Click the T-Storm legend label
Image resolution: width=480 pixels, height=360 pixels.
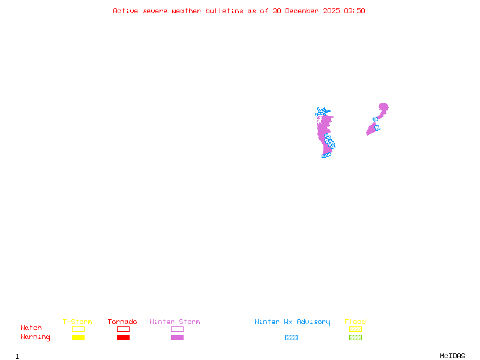(x=77, y=322)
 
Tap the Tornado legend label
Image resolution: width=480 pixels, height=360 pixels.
(x=122, y=322)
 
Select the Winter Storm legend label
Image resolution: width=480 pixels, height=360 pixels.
(x=175, y=322)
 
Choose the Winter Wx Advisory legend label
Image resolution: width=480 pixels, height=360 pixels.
(x=292, y=322)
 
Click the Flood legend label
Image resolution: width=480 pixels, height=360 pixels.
(x=355, y=322)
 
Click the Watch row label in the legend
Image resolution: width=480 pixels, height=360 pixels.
(x=31, y=328)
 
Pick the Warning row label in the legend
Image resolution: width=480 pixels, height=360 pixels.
(x=35, y=337)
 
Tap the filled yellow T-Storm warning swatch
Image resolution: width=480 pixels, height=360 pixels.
(x=78, y=338)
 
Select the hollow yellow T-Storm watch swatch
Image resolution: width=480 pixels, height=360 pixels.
(x=78, y=329)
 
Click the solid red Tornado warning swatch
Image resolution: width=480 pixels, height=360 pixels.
(x=123, y=338)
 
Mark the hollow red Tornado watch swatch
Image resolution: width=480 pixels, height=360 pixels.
(x=123, y=329)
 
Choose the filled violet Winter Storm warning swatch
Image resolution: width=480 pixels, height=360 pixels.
(x=177, y=338)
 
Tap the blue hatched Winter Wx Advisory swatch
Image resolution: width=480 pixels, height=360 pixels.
(x=291, y=338)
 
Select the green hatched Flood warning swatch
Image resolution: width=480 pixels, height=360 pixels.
(x=355, y=338)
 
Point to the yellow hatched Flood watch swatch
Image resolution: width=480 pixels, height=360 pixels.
(x=355, y=329)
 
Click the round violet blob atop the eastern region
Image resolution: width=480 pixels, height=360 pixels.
(x=383, y=107)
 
